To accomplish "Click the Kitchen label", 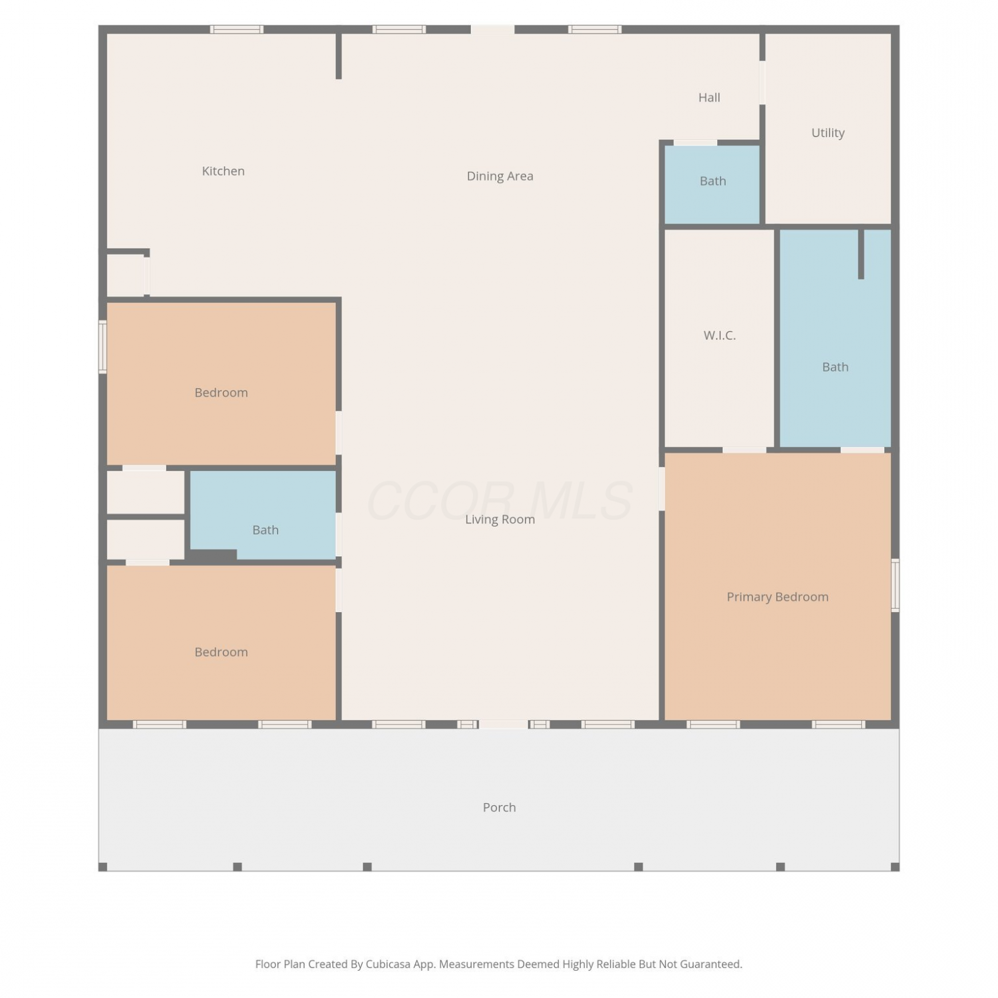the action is (223, 171).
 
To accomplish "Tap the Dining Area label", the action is (500, 176).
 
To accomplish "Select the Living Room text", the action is (500, 520).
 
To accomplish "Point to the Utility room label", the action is (828, 133).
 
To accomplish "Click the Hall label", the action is (709, 98).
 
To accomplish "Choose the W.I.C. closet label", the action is (719, 335).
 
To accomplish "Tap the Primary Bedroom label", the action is (777, 597).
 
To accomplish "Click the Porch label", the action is (499, 807).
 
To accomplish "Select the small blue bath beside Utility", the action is (712, 184).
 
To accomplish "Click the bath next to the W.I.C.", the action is (835, 339).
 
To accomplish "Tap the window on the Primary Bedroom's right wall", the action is (895, 585).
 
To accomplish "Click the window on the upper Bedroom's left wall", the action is (102, 347).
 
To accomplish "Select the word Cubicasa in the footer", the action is (388, 964).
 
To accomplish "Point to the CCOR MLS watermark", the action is (500, 501).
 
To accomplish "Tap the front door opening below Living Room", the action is (504, 724).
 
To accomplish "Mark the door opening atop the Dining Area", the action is (492, 29).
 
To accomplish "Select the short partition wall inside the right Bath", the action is (861, 254).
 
